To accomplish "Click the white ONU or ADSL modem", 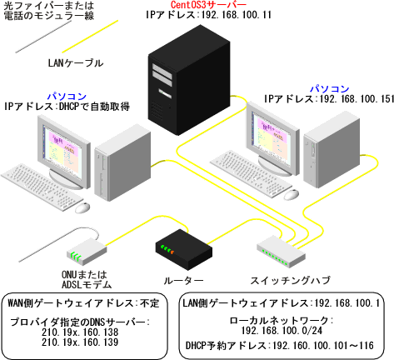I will point(84,247).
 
